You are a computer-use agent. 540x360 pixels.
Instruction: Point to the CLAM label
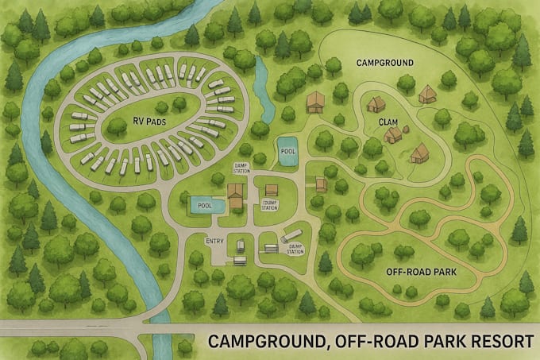(x=388, y=122)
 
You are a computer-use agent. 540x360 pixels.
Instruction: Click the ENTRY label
(x=215, y=241)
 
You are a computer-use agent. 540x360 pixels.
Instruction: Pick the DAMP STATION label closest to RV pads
(x=241, y=168)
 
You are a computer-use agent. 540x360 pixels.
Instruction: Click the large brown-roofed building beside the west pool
(x=236, y=193)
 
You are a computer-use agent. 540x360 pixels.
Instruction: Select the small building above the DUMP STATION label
(x=272, y=190)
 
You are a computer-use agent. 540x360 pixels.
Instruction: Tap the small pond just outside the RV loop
(x=262, y=80)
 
